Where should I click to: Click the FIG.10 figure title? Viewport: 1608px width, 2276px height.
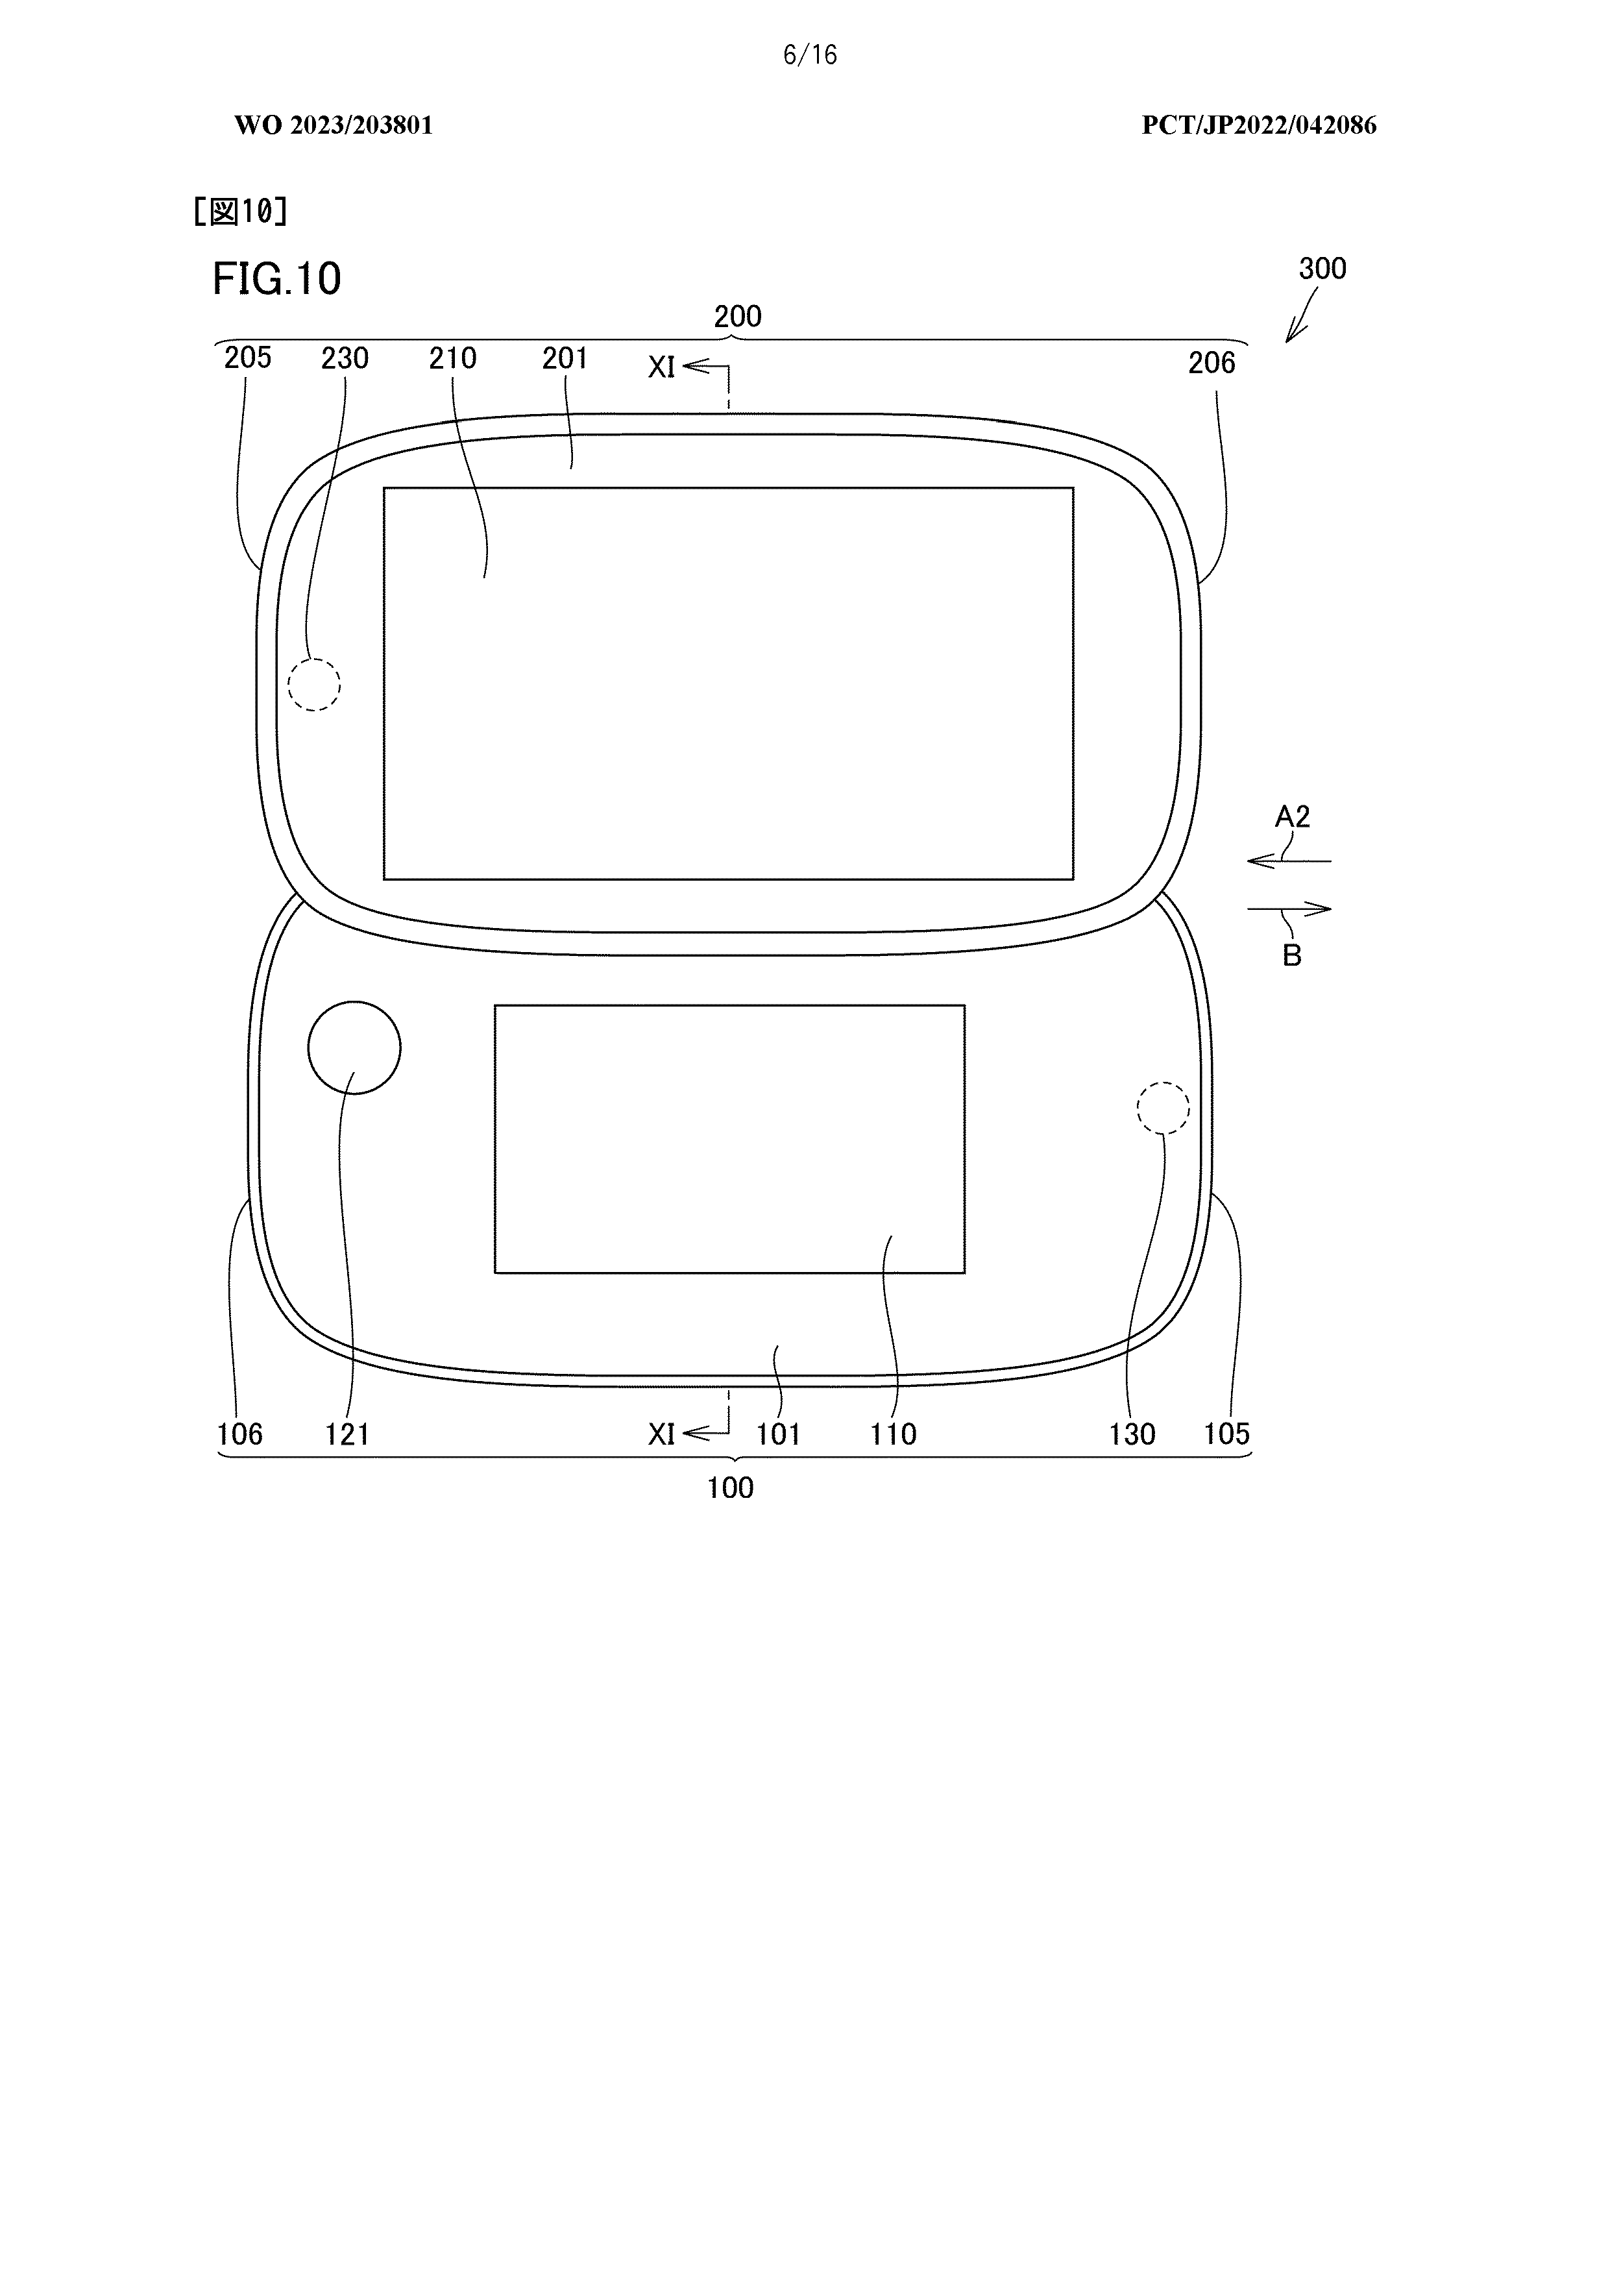[276, 280]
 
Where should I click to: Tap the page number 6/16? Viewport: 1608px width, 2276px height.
[810, 56]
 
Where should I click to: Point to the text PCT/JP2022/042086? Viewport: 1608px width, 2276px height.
[1259, 125]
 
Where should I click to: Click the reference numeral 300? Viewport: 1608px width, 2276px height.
[1322, 269]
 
